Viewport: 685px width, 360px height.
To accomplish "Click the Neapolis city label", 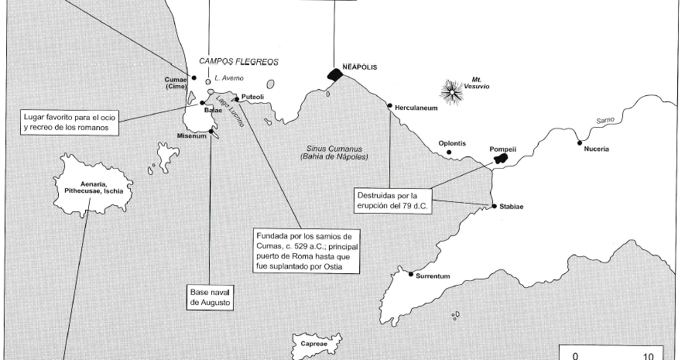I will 359,67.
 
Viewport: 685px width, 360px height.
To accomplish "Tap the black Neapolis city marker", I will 334,74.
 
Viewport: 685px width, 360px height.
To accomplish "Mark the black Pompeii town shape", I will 501,158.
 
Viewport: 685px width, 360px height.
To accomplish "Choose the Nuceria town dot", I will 579,142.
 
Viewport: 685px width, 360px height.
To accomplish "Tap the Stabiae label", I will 512,207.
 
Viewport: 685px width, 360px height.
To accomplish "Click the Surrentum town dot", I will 411,273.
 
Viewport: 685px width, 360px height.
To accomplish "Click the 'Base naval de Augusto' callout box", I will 211,298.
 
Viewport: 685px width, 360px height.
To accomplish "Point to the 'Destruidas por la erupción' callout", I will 393,200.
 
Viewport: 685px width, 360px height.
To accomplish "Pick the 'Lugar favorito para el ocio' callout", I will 66,122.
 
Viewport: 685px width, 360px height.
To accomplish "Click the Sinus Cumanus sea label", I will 334,152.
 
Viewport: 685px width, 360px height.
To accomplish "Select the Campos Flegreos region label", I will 238,61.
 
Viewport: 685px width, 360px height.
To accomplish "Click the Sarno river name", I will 605,121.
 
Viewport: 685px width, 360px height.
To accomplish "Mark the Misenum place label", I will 192,136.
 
